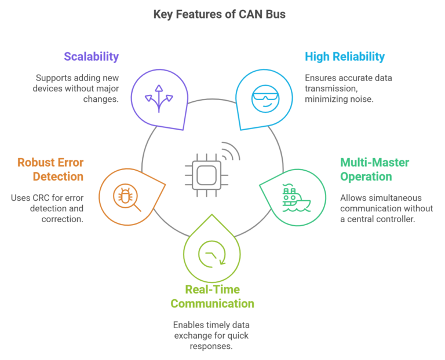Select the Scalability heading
[91, 57]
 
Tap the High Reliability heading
[344, 57]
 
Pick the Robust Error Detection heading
[50, 170]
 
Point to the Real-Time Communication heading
[211, 296]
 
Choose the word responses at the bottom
[210, 346]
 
